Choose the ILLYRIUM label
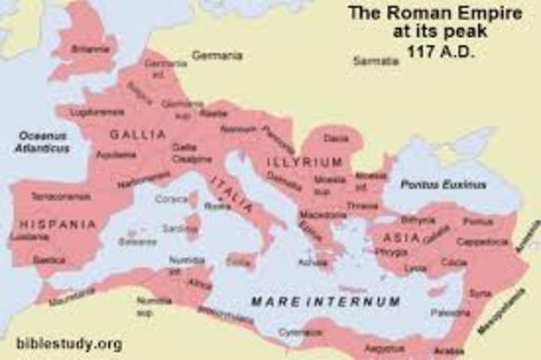(304, 161)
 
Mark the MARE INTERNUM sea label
(325, 301)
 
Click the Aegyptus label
(385, 347)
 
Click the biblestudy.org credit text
(68, 344)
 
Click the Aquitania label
(117, 155)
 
